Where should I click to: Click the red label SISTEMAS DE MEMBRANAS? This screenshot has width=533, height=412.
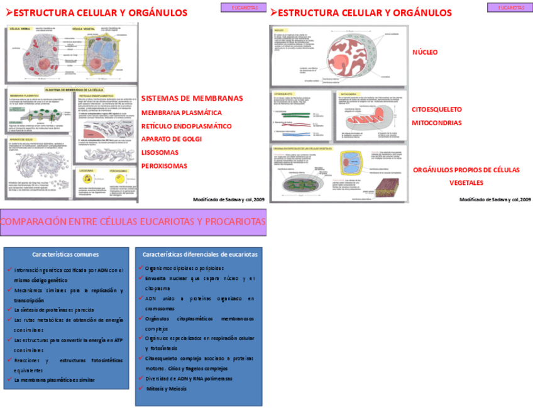pyautogui.click(x=192, y=99)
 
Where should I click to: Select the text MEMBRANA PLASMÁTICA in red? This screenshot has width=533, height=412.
pyautogui.click(x=181, y=113)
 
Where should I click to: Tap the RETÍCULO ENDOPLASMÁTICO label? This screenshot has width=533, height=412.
pyautogui.click(x=186, y=126)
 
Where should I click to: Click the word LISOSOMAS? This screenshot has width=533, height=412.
pyautogui.click(x=160, y=152)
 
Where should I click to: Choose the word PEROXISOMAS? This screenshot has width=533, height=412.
pyautogui.click(x=164, y=166)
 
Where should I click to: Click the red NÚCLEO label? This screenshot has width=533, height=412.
pyautogui.click(x=425, y=53)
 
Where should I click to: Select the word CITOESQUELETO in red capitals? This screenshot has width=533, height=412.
pyautogui.click(x=437, y=109)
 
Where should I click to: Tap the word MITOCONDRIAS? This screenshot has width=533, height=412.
pyautogui.click(x=437, y=123)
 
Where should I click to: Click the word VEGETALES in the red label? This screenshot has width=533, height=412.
pyautogui.click(x=466, y=182)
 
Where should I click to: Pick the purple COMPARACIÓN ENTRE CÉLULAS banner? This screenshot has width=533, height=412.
pyautogui.click(x=133, y=222)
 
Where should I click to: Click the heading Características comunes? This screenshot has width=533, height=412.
pyautogui.click(x=65, y=255)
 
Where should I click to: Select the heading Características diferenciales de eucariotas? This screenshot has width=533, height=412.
pyautogui.click(x=200, y=255)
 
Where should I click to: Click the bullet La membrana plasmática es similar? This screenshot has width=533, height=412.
pyautogui.click(x=54, y=380)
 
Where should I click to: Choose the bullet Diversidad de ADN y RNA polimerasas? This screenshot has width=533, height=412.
pyautogui.click(x=189, y=379)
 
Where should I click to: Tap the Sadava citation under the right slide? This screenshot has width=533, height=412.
pyautogui.click(x=495, y=199)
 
